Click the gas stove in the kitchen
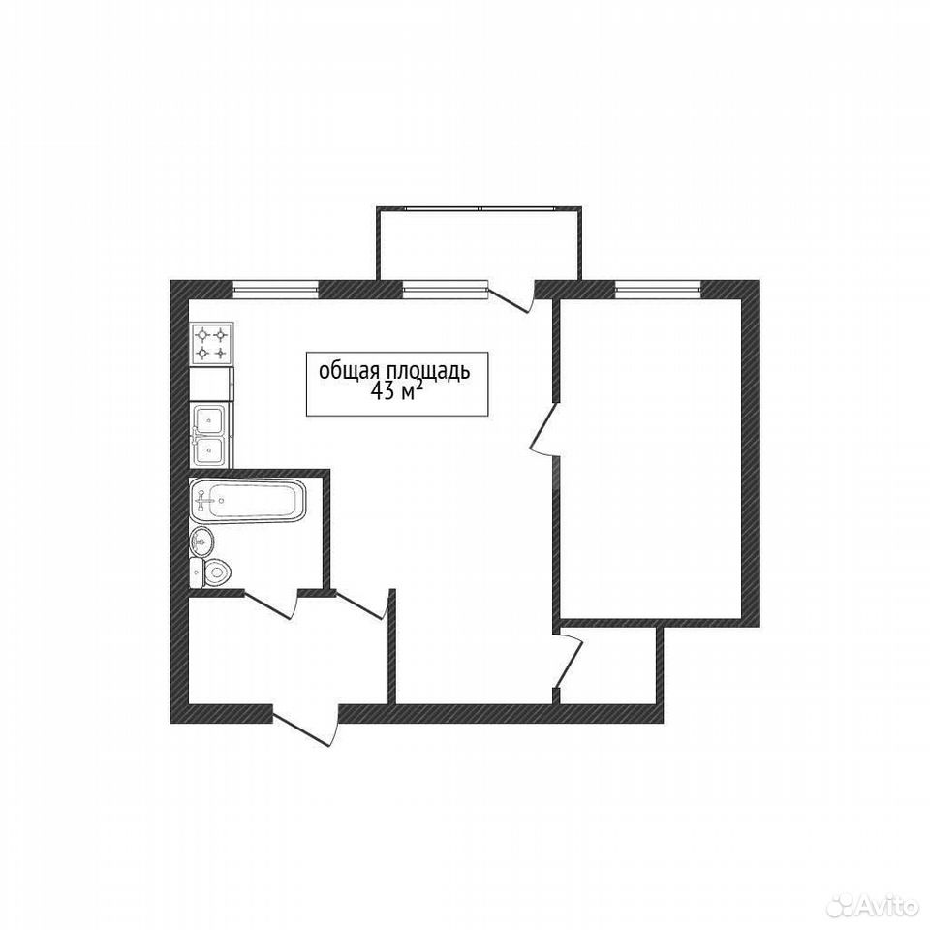tap(212, 344)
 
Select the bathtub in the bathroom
tap(248, 501)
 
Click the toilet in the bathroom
tap(211, 573)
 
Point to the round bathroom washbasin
tap(201, 541)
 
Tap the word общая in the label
tap(350, 371)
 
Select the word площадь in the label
tap(428, 371)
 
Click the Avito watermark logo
tap(873, 907)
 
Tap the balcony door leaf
tap(511, 299)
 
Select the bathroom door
tap(270, 604)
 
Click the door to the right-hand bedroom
tap(542, 429)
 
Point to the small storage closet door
tap(569, 660)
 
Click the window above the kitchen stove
tap(276, 289)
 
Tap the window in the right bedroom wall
tap(659, 289)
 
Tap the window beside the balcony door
tap(445, 289)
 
